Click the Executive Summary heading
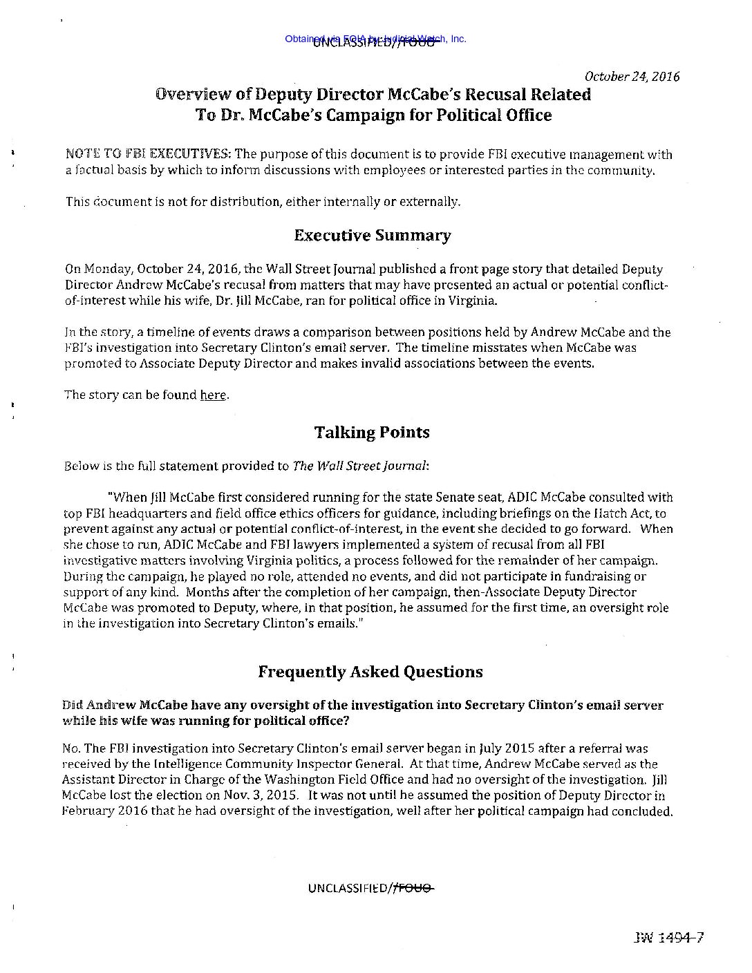(x=372, y=236)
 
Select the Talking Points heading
(x=372, y=433)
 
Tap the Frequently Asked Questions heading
(x=370, y=672)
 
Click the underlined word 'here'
(x=213, y=395)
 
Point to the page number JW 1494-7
(x=667, y=938)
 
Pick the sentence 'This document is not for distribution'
(x=172, y=202)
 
